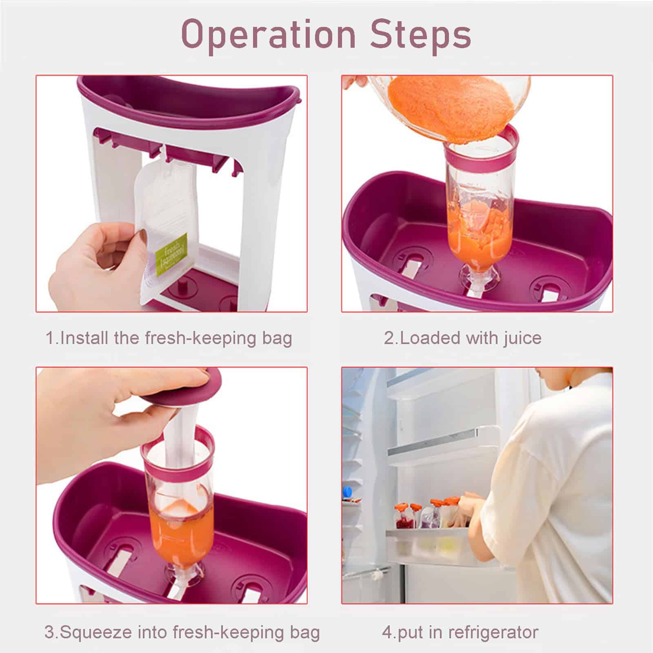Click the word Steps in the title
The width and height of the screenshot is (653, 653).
click(421, 35)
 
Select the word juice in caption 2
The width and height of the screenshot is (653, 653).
click(522, 339)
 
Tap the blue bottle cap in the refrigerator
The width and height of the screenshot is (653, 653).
click(348, 491)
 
